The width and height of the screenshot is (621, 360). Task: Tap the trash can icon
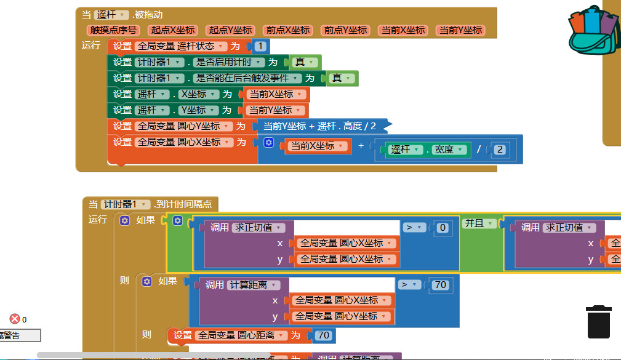(x=599, y=321)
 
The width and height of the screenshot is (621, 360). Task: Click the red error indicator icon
(x=15, y=319)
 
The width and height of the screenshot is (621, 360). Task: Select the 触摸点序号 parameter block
(x=114, y=30)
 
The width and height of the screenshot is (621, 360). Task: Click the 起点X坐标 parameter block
(x=173, y=30)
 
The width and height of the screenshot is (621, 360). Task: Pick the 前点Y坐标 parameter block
(x=345, y=30)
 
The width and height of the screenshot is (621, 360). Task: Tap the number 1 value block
(x=261, y=46)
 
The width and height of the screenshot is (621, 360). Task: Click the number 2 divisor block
(x=500, y=150)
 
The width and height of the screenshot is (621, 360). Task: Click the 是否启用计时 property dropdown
(x=230, y=62)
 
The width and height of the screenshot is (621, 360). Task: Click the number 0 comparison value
(x=441, y=228)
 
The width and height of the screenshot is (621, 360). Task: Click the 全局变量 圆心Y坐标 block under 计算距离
(x=342, y=316)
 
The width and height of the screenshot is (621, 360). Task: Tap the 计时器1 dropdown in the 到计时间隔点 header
(x=126, y=204)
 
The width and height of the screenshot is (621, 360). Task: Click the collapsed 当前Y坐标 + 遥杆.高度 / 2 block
(x=319, y=126)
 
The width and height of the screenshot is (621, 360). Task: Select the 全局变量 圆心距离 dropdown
(x=241, y=335)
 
